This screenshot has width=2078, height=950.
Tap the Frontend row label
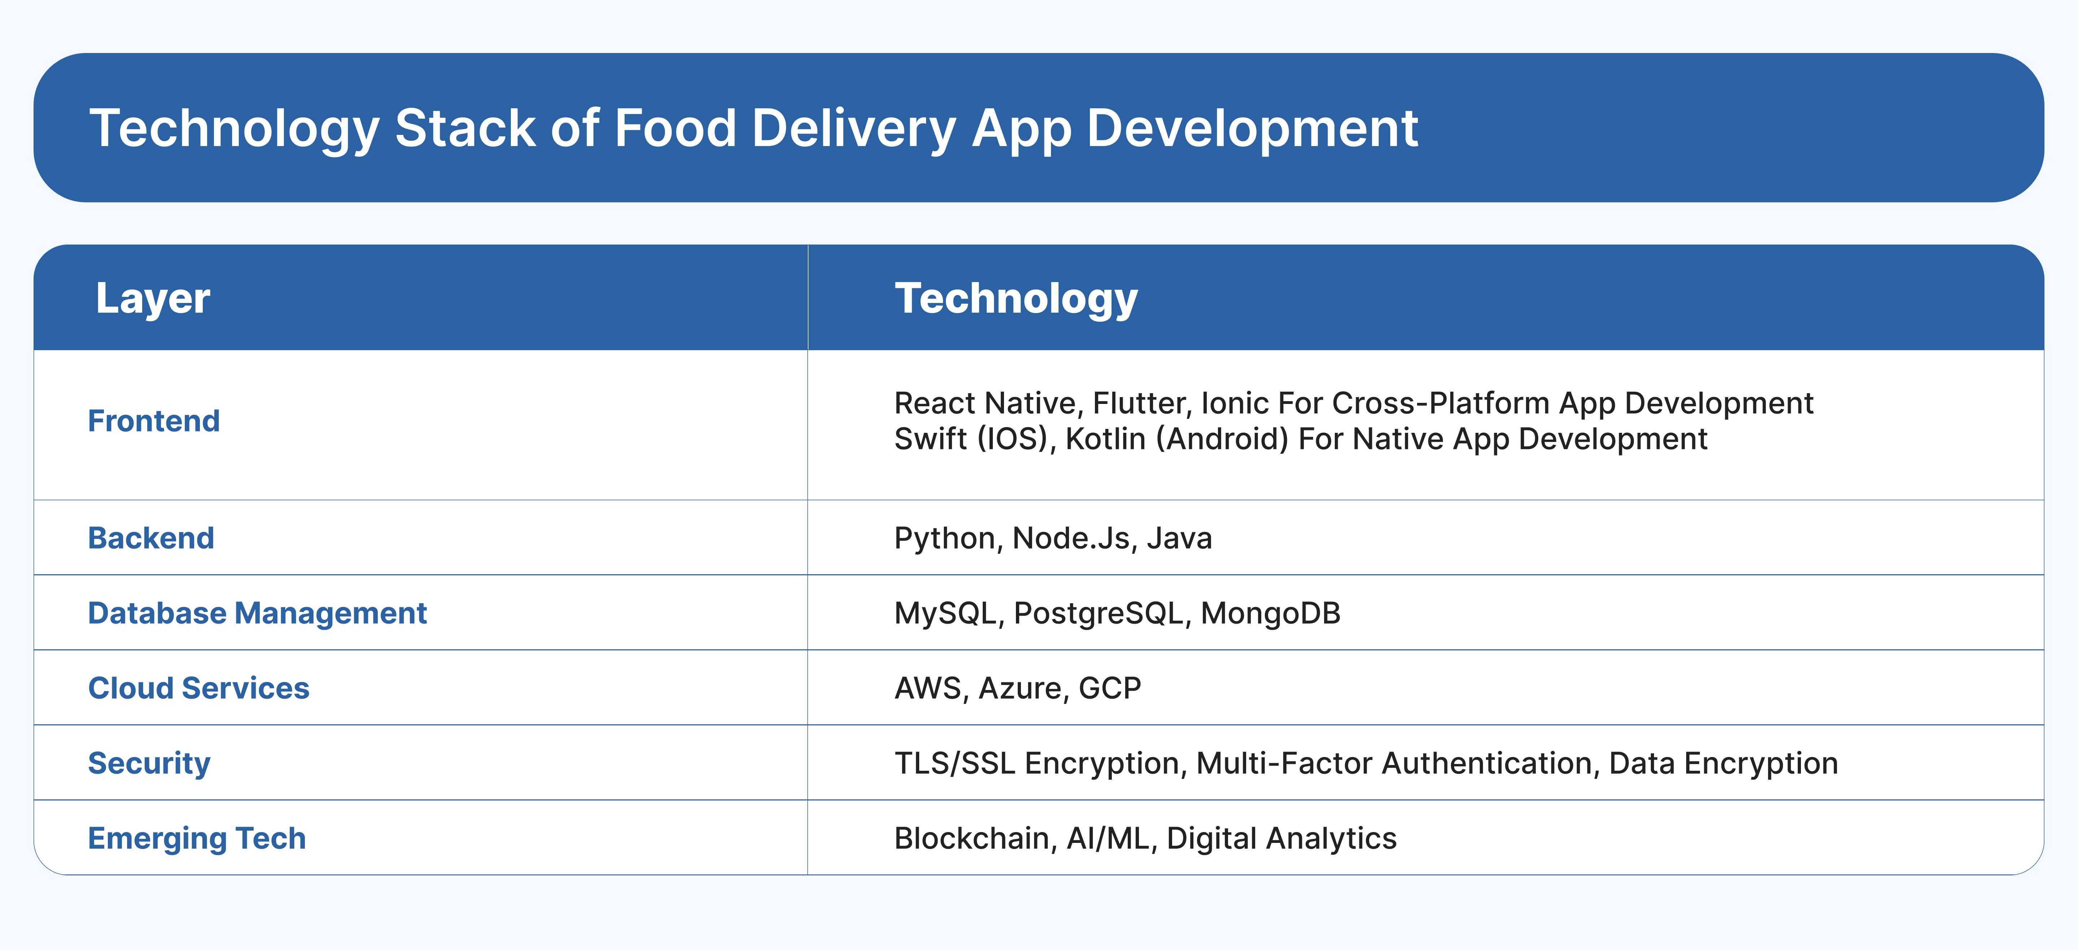pos(153,421)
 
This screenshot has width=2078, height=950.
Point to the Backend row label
pos(151,538)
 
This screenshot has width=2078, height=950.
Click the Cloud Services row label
pos(198,688)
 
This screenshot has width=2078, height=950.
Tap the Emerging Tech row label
pos(197,839)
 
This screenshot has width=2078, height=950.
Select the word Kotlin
pos(1105,439)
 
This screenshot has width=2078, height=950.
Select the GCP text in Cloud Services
pos(1110,688)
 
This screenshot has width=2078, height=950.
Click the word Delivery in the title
pos(854,129)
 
